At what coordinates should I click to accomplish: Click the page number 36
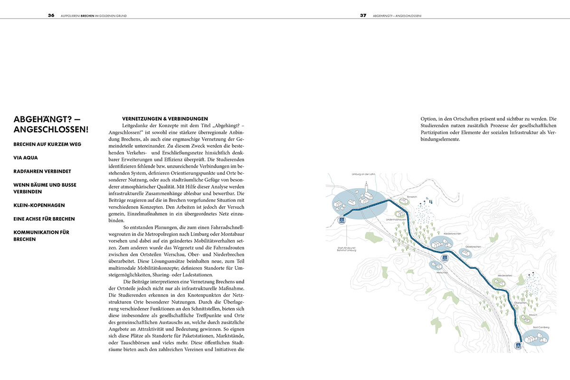click(51, 15)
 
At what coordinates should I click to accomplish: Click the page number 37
click(363, 15)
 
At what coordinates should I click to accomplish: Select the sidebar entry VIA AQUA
click(26, 157)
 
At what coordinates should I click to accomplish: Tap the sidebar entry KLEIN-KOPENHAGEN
click(39, 205)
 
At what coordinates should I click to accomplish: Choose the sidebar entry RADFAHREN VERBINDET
click(42, 171)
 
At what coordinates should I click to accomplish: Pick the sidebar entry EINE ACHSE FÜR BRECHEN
click(44, 219)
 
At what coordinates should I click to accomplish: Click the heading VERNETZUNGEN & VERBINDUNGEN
click(165, 118)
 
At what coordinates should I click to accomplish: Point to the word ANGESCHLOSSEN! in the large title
click(51, 129)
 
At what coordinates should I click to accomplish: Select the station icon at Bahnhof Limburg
click(341, 220)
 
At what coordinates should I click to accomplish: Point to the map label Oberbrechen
click(474, 247)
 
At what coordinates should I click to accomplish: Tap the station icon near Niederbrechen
click(445, 257)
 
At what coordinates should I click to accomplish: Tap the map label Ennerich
click(411, 196)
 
